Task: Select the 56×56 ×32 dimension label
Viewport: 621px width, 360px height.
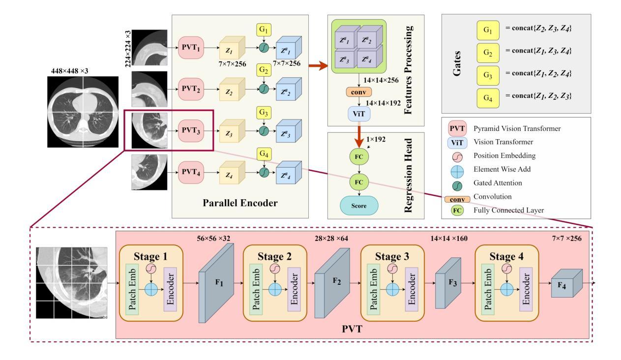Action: coord(213,239)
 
